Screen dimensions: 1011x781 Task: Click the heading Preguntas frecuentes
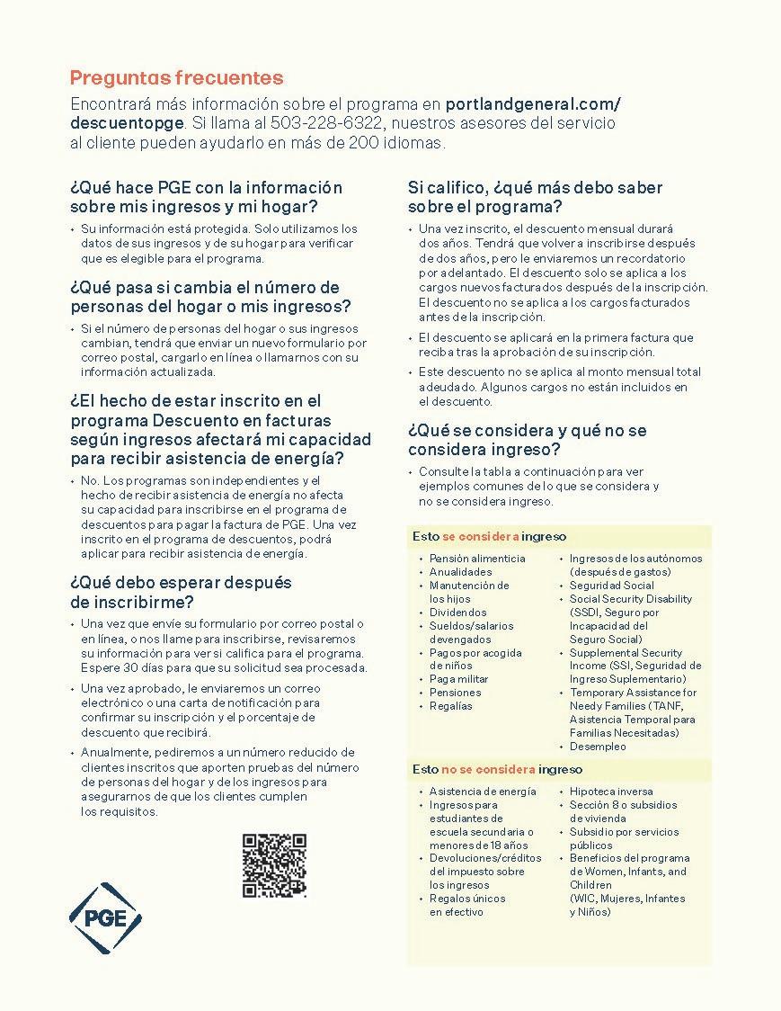pos(176,78)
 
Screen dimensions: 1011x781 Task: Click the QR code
pos(274,865)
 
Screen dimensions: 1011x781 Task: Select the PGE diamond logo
pos(105,917)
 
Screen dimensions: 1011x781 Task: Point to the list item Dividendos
pos(457,613)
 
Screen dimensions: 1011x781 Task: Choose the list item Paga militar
pos(458,679)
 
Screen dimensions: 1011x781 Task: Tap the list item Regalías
pos(450,706)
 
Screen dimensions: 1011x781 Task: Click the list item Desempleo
pos(598,747)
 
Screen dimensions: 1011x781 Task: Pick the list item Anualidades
pos(460,572)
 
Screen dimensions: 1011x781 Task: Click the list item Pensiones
pos(455,693)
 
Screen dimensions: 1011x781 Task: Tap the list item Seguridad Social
pos(611,586)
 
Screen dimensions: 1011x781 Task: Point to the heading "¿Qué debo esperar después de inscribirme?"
pos(181,592)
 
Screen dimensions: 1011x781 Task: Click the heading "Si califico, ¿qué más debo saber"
pos(535,187)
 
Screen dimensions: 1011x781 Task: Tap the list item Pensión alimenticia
pos(477,559)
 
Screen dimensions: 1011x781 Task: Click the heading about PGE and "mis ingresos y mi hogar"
pos(205,196)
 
